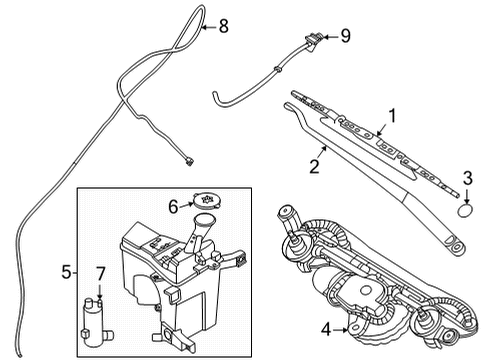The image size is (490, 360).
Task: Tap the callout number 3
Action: [x=467, y=179]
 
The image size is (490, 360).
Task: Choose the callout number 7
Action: [x=98, y=273]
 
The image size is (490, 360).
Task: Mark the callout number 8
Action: [x=223, y=26]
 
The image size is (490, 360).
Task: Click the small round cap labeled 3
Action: [x=467, y=211]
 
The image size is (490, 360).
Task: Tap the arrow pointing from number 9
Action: [x=325, y=37]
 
